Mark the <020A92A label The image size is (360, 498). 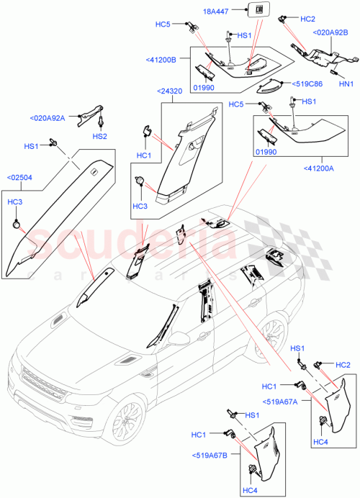tap(48, 118)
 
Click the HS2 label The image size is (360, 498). tap(99, 136)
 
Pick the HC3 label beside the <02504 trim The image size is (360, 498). tap(14, 204)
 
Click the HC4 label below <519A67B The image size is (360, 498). tap(250, 491)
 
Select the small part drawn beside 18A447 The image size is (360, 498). tap(254, 9)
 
